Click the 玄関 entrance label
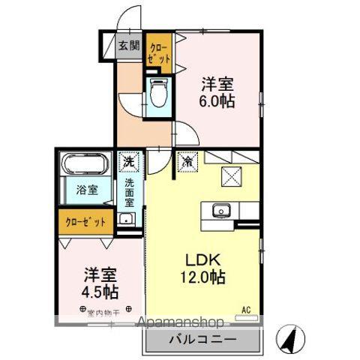click(x=128, y=45)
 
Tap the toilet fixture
click(x=158, y=94)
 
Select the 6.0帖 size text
click(x=218, y=100)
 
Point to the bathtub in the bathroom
click(x=86, y=164)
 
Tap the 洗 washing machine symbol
click(x=129, y=161)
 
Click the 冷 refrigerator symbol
click(x=184, y=160)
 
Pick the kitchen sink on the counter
click(x=220, y=210)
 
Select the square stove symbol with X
click(x=231, y=177)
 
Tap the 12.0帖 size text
click(x=203, y=276)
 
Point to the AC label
click(x=245, y=308)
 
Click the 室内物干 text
click(x=105, y=309)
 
